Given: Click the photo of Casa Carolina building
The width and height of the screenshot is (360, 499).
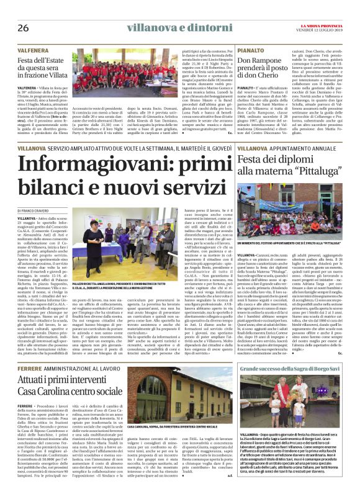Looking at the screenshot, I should tap(168, 384).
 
